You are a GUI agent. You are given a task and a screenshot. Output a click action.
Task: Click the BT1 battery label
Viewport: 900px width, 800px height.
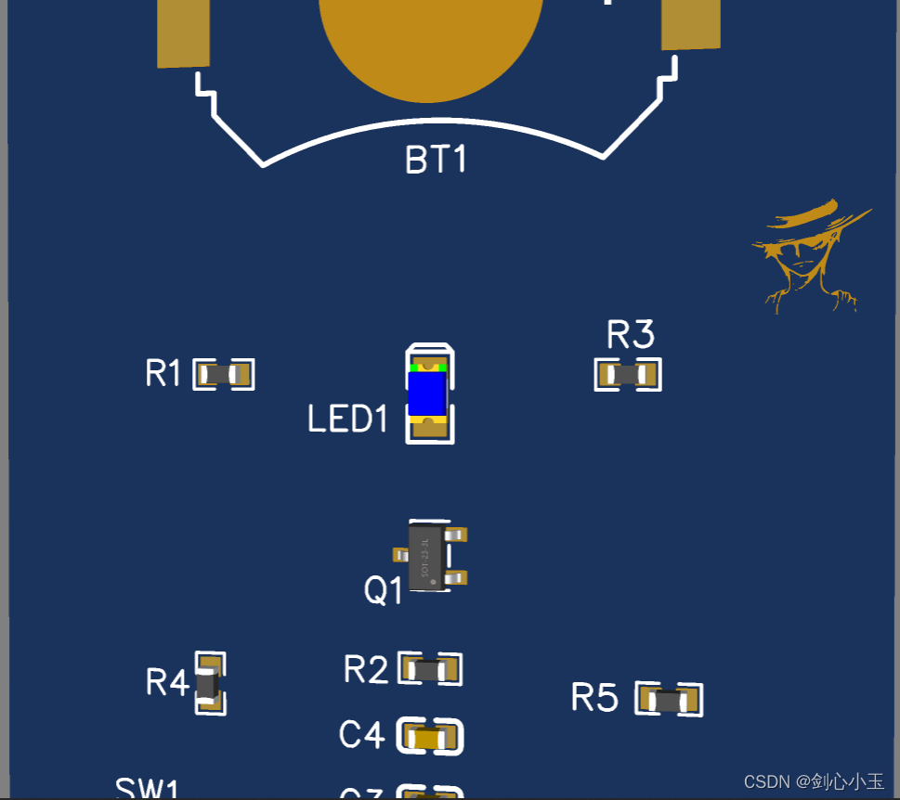(x=436, y=160)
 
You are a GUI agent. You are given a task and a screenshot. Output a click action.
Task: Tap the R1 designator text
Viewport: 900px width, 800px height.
(x=163, y=374)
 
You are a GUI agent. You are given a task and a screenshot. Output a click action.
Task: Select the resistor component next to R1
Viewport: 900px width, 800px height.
(x=224, y=375)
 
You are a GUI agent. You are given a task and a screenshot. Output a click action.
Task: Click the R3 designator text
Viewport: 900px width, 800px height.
(x=630, y=334)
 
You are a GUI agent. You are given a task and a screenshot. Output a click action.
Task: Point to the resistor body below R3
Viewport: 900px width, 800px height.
(x=628, y=375)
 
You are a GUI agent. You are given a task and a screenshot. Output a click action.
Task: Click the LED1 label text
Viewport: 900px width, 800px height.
(x=347, y=419)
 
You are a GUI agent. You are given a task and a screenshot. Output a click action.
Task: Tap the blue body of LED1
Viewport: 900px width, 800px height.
(x=428, y=394)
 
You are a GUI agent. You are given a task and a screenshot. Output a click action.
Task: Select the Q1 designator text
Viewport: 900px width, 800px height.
(x=383, y=590)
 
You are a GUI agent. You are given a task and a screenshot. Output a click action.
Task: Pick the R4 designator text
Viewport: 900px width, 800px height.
(x=167, y=683)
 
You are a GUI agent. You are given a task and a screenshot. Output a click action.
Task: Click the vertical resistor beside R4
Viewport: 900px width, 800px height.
(x=210, y=684)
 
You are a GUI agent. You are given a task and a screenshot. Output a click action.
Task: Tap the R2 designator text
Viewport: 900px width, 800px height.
(x=366, y=669)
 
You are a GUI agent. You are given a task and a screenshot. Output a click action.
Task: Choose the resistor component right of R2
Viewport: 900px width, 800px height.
(x=430, y=669)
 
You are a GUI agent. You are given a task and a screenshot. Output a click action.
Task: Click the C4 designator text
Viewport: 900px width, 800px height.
(x=361, y=735)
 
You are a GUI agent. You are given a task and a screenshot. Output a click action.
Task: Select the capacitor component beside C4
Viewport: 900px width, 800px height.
(x=430, y=738)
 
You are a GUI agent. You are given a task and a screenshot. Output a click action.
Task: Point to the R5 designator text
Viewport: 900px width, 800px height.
(x=594, y=697)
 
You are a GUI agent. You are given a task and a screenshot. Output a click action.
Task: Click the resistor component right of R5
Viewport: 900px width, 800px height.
(x=669, y=700)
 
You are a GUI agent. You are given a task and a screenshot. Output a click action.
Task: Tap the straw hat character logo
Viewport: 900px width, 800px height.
(x=809, y=253)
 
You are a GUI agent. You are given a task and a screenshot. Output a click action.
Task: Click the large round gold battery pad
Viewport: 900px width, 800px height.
(x=431, y=42)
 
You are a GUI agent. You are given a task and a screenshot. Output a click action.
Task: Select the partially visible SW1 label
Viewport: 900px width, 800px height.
(x=147, y=789)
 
